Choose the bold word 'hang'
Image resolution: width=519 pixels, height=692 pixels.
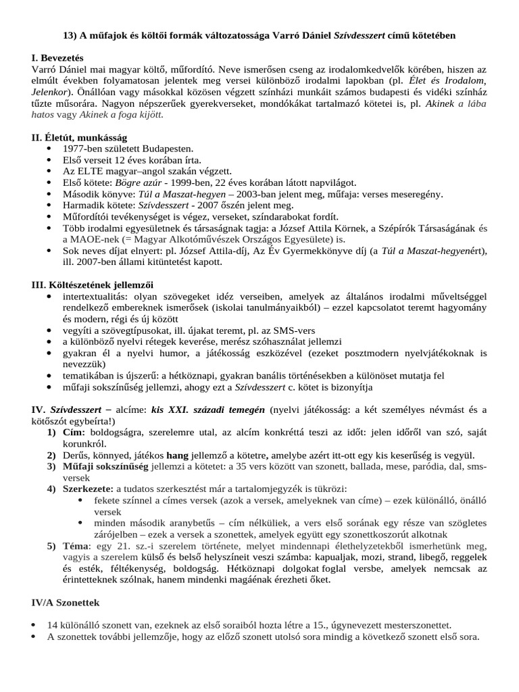[177, 455]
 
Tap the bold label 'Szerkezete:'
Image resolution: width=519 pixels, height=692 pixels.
[86, 489]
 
